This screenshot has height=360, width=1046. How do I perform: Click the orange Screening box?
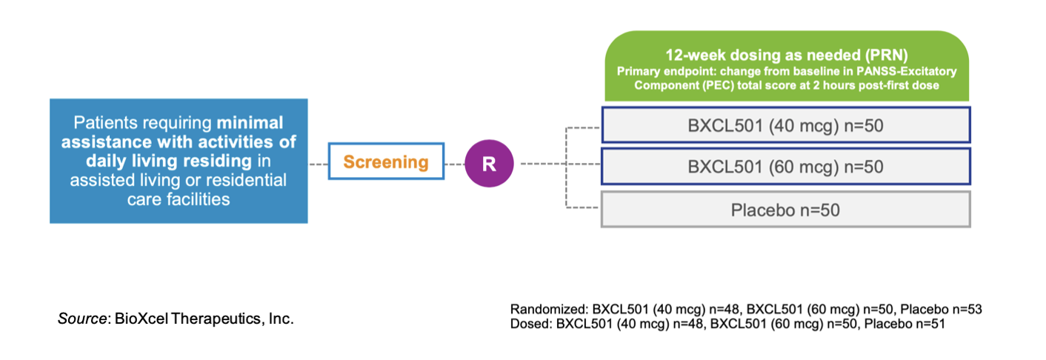(385, 161)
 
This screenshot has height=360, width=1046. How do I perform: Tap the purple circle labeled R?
(489, 162)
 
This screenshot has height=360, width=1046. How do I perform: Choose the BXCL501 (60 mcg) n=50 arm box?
(785, 167)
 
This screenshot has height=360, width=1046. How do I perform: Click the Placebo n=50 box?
(785, 210)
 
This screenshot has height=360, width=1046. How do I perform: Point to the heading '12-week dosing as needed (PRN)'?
(785, 56)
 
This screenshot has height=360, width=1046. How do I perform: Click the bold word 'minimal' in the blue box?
(250, 122)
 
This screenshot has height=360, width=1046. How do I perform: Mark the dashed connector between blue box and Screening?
(318, 162)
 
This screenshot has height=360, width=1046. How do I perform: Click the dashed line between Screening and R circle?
(453, 162)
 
